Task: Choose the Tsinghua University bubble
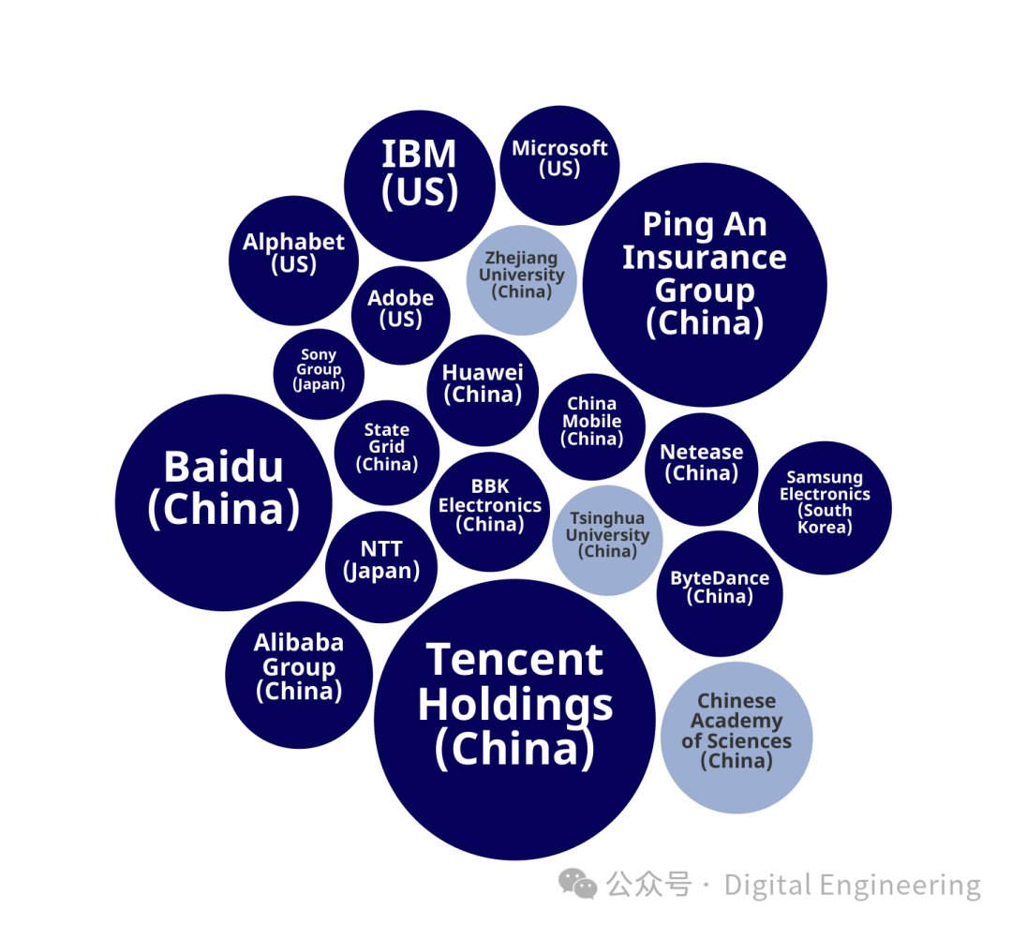607,540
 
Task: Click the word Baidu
223,467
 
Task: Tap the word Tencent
514,660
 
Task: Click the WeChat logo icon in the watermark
578,883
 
